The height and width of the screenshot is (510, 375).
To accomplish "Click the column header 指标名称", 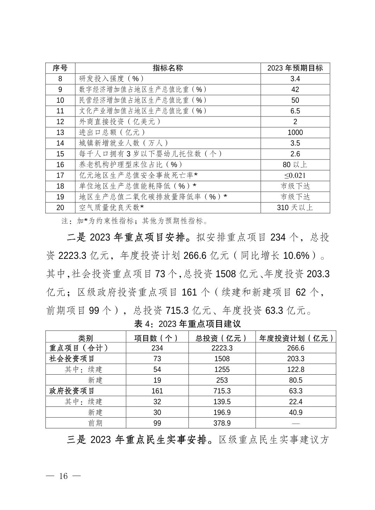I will pos(168,68).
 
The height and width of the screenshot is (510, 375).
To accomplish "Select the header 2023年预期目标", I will pos(295,68).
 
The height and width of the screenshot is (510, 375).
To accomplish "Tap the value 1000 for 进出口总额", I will pos(295,133).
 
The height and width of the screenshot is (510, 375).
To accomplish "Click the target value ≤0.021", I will pos(295,176).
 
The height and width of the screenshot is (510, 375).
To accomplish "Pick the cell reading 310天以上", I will pos(295,207).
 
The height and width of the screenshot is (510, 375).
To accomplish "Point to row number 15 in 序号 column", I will pos(60,154).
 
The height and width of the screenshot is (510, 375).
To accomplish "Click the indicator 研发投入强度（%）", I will pos(112,79).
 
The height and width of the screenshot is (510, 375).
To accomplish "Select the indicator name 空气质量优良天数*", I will pos(112,207).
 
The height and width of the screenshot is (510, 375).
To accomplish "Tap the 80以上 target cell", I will pos(295,165).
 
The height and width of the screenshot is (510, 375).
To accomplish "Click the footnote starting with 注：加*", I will pos(134,221).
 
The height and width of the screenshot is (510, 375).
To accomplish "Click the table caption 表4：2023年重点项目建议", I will pos(187,324).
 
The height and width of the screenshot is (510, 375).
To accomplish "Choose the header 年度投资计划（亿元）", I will pos(296,338).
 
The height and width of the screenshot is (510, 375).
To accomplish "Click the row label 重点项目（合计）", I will pos(79,348).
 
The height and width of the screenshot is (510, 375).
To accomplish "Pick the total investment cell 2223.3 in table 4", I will pos(222,348).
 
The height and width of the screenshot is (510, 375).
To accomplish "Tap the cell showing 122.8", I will pos(296,369).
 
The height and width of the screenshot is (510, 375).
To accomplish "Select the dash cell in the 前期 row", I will pos(296,423).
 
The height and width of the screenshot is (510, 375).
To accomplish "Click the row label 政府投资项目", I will pos(72,391).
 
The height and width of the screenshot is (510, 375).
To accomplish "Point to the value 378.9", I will pos(222,423).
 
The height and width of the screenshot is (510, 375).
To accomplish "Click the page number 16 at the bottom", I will pos(63,476).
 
